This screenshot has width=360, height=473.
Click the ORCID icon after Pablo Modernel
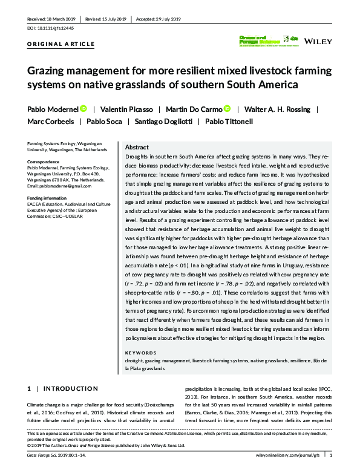click(x=83, y=109)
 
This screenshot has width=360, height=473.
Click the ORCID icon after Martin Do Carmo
click(x=227, y=109)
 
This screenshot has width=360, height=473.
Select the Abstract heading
click(x=137, y=147)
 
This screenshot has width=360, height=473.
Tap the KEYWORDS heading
click(x=139, y=352)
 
